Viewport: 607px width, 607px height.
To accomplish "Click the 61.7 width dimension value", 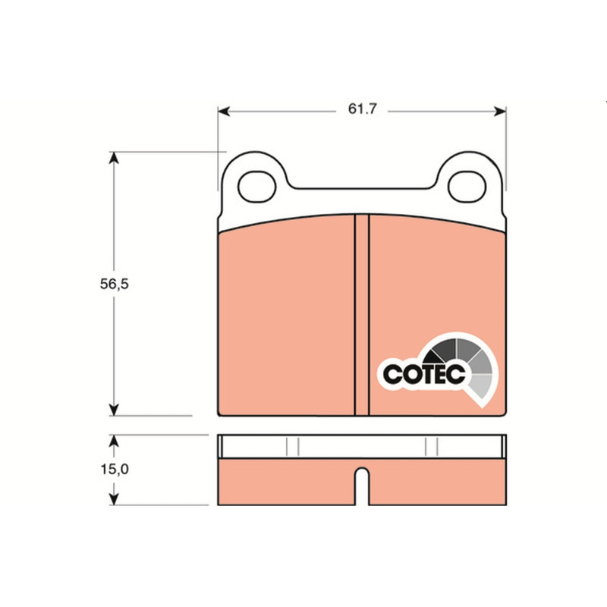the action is (x=362, y=109).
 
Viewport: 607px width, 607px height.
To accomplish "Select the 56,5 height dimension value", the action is (x=114, y=284).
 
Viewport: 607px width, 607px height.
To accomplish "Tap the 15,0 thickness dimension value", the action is (x=115, y=469).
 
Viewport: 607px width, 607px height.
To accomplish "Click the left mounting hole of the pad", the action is (x=256, y=187).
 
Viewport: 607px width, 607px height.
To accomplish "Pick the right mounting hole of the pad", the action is (x=467, y=187).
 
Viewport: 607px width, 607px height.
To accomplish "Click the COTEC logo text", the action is (x=424, y=374).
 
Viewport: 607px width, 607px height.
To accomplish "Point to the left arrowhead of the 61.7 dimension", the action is (x=224, y=112).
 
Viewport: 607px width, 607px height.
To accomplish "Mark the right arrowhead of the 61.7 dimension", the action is (x=500, y=112).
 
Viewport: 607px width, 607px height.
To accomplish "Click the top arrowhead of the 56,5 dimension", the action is (x=113, y=158).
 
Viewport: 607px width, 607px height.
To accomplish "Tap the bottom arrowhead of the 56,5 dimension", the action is (x=113, y=410).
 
